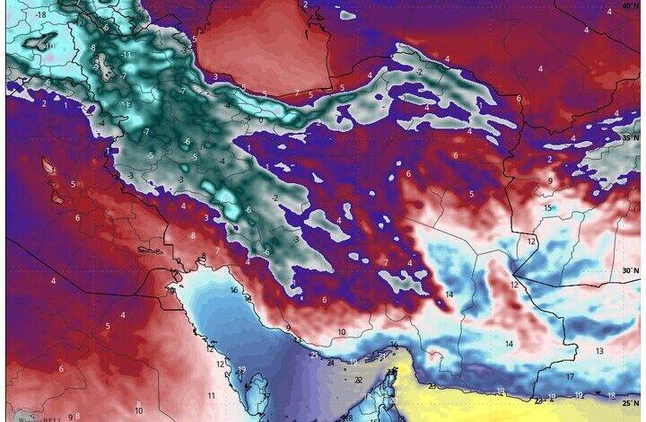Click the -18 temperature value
point(41,16)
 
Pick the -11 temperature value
point(127,55)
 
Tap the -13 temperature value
point(126,104)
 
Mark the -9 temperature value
point(95,67)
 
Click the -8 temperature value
point(92,47)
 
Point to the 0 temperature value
point(260,119)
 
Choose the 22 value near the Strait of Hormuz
point(358,380)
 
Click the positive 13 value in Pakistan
point(598,351)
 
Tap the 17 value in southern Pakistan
point(570,377)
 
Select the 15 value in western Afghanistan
point(547,208)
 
